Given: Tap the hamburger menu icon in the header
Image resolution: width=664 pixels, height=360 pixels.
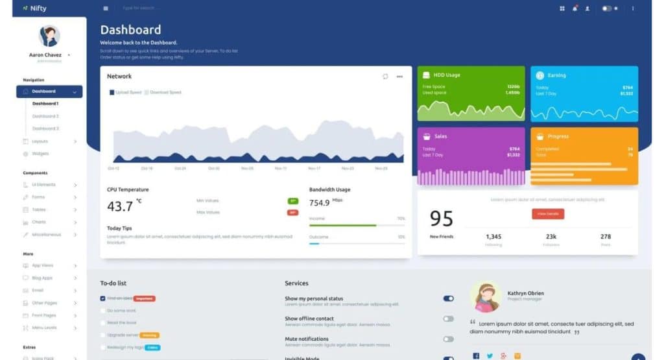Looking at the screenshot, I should click(x=106, y=8).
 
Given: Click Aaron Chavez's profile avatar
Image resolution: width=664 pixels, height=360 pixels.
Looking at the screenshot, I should click(x=49, y=36).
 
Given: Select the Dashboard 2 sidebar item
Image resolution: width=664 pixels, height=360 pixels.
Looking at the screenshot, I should click(x=45, y=116).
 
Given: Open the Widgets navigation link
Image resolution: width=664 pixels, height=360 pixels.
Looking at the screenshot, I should click(x=41, y=154).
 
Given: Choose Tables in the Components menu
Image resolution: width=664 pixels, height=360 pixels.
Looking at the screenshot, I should click(x=38, y=210).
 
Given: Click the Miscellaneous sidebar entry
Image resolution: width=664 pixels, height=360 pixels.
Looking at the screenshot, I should click(x=46, y=234).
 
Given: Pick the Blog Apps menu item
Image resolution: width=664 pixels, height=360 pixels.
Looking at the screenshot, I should click(x=42, y=278).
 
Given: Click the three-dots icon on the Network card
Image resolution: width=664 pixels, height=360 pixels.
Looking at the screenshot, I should click(x=399, y=77).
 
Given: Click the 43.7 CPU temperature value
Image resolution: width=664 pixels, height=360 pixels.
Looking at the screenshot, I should click(x=120, y=206).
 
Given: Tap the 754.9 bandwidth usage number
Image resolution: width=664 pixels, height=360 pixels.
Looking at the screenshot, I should click(x=319, y=203).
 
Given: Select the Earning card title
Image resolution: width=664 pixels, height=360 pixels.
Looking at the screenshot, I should click(x=556, y=75).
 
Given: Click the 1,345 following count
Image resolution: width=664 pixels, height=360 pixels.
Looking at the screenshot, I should click(x=493, y=237).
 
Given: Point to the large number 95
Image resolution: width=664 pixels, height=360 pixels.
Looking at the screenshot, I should click(x=442, y=219).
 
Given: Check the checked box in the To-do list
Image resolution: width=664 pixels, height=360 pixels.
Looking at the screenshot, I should click(x=102, y=298).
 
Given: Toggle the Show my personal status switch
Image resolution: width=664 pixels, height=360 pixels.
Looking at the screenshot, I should click(x=448, y=299).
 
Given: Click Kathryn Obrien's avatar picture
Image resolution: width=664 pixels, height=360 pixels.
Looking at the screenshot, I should click(x=485, y=297).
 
